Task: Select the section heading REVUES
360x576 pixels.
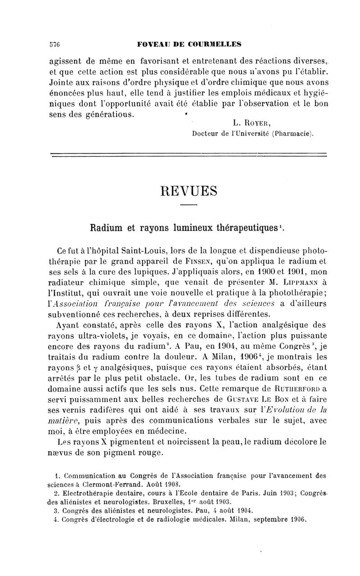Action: [x=189, y=191]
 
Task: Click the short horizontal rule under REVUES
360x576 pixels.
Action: [x=189, y=205]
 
